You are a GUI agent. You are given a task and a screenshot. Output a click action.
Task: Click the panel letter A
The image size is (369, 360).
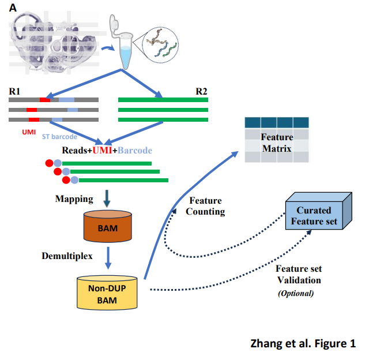13,9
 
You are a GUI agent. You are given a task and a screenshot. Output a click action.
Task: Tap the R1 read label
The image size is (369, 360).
15,91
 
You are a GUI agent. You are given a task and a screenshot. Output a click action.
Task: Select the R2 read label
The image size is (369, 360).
201,91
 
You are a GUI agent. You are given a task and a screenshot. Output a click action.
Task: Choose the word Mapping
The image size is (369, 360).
74,199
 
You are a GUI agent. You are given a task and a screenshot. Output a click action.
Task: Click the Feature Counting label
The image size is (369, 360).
205,205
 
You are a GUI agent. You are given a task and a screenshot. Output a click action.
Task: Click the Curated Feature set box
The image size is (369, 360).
314,215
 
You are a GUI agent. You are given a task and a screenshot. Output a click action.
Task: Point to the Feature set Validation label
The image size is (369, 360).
298,275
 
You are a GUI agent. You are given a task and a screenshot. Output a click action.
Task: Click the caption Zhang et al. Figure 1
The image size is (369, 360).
303,343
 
